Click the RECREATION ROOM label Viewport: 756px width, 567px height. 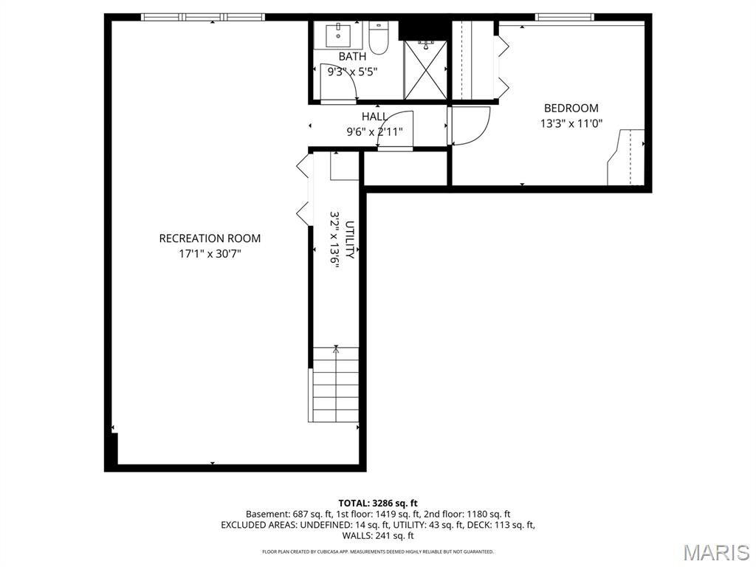(x=210, y=238)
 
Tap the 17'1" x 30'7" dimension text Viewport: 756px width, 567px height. (x=210, y=254)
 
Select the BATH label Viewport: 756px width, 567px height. (x=352, y=57)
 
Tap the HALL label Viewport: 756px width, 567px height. (x=374, y=117)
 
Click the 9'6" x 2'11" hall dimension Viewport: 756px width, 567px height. (x=374, y=133)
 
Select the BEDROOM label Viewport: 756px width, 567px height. (x=571, y=109)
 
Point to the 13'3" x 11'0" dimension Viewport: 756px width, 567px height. (x=571, y=124)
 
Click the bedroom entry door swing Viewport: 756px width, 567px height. (x=470, y=126)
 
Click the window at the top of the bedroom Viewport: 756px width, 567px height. (x=564, y=16)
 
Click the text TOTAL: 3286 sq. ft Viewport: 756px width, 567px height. (x=378, y=503)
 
